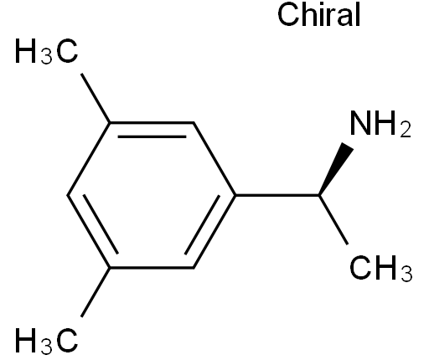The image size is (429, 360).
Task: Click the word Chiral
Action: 318,15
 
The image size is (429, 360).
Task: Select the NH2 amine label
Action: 380,123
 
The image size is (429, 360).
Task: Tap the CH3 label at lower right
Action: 381,268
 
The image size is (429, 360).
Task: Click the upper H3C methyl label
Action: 46,51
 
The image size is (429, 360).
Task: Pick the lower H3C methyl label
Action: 46,340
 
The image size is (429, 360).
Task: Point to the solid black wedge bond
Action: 336,169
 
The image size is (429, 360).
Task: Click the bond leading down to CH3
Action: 333,220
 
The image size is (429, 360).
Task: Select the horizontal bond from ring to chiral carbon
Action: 277,195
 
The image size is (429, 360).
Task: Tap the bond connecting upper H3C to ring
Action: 96,98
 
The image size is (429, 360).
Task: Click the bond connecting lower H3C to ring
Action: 96,292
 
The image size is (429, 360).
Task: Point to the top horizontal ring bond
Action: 152,122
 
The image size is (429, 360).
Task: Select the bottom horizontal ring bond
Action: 152,268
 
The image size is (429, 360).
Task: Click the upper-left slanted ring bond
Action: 89,159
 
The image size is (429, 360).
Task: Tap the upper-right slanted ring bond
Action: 214,159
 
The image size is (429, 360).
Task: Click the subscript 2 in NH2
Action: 406,130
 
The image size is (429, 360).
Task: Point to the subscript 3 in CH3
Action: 406,274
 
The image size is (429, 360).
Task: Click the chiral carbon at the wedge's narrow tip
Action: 319,195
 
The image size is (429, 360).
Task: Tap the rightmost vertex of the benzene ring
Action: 235,195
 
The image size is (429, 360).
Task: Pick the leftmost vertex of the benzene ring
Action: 68,195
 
